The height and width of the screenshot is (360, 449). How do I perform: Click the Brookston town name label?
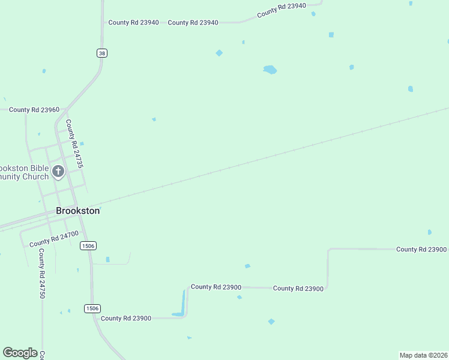pyautogui.click(x=77, y=211)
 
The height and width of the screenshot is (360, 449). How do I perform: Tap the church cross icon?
pyautogui.click(x=58, y=172)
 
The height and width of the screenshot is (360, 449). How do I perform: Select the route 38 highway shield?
pyautogui.click(x=102, y=53)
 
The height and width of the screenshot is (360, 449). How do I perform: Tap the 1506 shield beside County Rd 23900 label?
pyautogui.click(x=92, y=308)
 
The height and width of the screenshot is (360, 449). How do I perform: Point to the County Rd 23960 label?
pyautogui.click(x=34, y=110)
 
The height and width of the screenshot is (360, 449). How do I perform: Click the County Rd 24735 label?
pyautogui.click(x=73, y=143)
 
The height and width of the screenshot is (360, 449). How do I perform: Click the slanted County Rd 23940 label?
pyautogui.click(x=282, y=10)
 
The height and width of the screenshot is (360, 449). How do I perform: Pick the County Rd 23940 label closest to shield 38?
pyautogui.click(x=133, y=22)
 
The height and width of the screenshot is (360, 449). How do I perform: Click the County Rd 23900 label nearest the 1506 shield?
pyautogui.click(x=126, y=318)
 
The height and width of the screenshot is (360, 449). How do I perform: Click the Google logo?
pyautogui.click(x=20, y=353)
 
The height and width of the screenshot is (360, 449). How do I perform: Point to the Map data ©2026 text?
pyautogui.click(x=423, y=355)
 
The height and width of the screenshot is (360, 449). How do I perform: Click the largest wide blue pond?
pyautogui.click(x=270, y=70)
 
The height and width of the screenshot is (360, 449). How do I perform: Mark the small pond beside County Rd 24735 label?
pyautogui.click(x=82, y=143)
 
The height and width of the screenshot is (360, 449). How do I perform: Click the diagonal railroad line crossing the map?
pyautogui.click(x=270, y=157)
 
